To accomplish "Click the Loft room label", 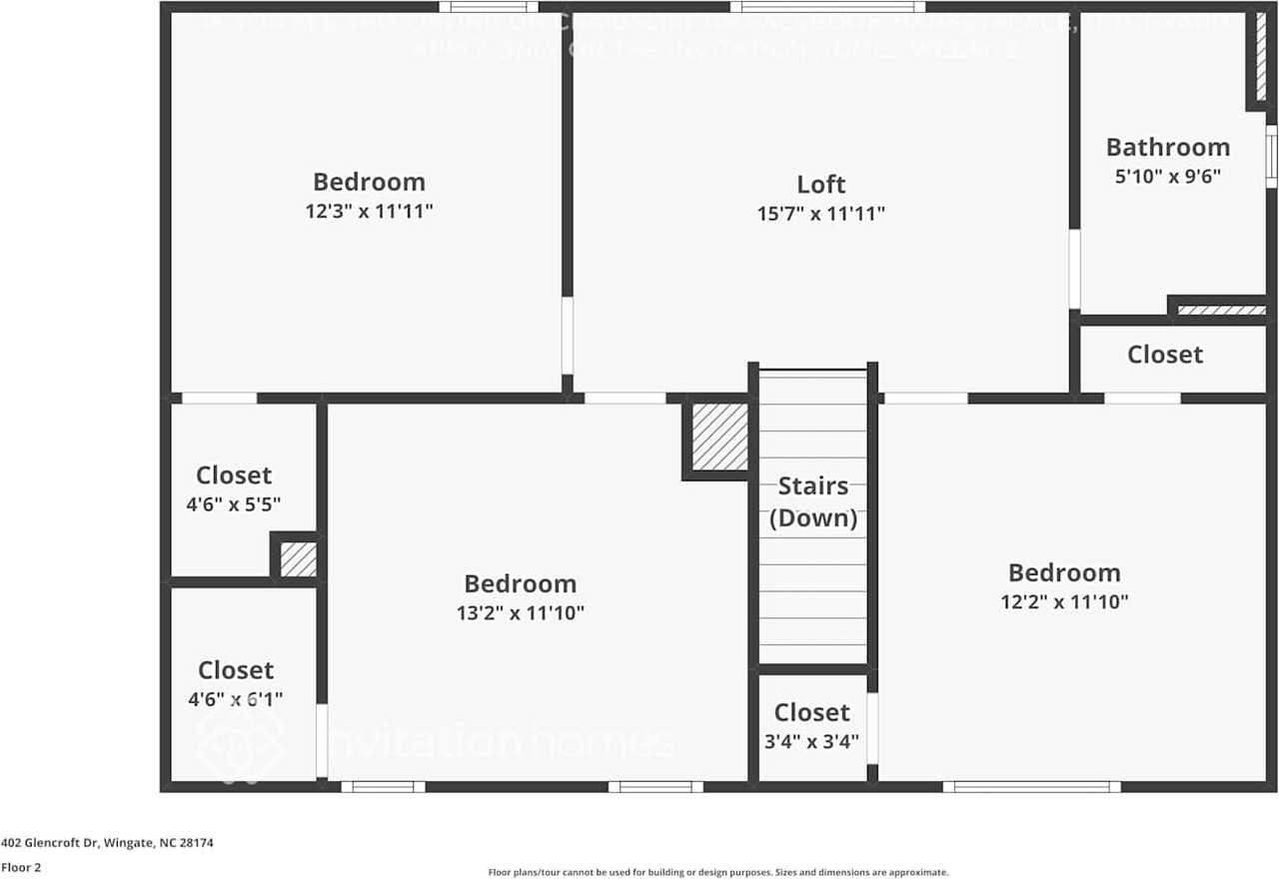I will tap(820, 185).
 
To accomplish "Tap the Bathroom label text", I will tap(1167, 148).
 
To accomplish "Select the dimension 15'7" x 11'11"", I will tap(820, 213).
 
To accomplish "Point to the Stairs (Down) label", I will tap(812, 502).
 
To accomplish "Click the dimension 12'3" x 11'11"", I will tap(369, 212).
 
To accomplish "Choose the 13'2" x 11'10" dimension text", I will tap(520, 613).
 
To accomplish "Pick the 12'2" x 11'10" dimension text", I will tap(1064, 601).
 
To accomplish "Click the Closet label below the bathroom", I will tap(1165, 355).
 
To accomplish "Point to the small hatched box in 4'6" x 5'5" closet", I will tap(298, 559).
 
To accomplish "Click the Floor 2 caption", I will tap(21, 868).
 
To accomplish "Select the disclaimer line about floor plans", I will tap(717, 872).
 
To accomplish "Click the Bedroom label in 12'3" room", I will tap(369, 182).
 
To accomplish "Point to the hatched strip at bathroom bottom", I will tap(1221, 310).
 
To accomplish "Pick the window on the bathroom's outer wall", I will tap(1272, 155).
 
